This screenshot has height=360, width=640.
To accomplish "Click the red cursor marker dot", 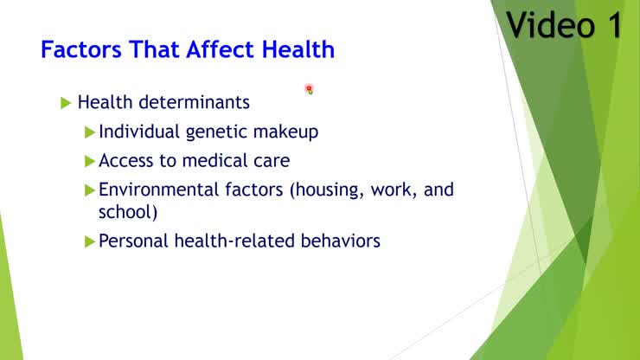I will click(x=308, y=88).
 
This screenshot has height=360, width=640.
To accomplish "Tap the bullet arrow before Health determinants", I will click(x=67, y=103).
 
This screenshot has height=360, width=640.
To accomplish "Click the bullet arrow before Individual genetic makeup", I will click(x=89, y=132).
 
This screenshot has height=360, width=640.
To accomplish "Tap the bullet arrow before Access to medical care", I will click(x=89, y=161).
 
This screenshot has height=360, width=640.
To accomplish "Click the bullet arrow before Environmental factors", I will click(x=89, y=190).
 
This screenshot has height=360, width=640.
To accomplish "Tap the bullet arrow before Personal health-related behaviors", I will click(x=89, y=241).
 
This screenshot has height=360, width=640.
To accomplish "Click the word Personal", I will click(x=131, y=241).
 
